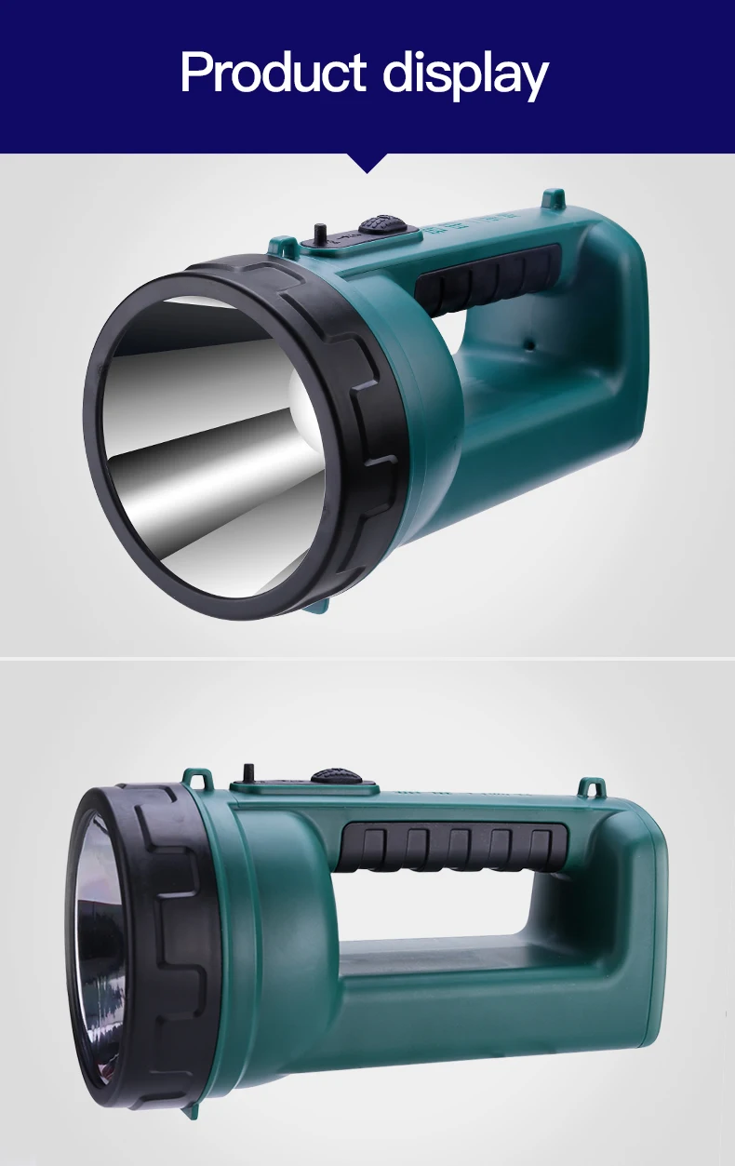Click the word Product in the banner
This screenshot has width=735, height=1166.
click(x=274, y=72)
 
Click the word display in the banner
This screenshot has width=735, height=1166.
click(x=466, y=76)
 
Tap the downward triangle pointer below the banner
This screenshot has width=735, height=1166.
click(x=367, y=163)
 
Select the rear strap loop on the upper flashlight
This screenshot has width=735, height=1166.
click(x=554, y=198)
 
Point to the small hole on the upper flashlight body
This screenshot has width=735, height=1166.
click(x=530, y=344)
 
